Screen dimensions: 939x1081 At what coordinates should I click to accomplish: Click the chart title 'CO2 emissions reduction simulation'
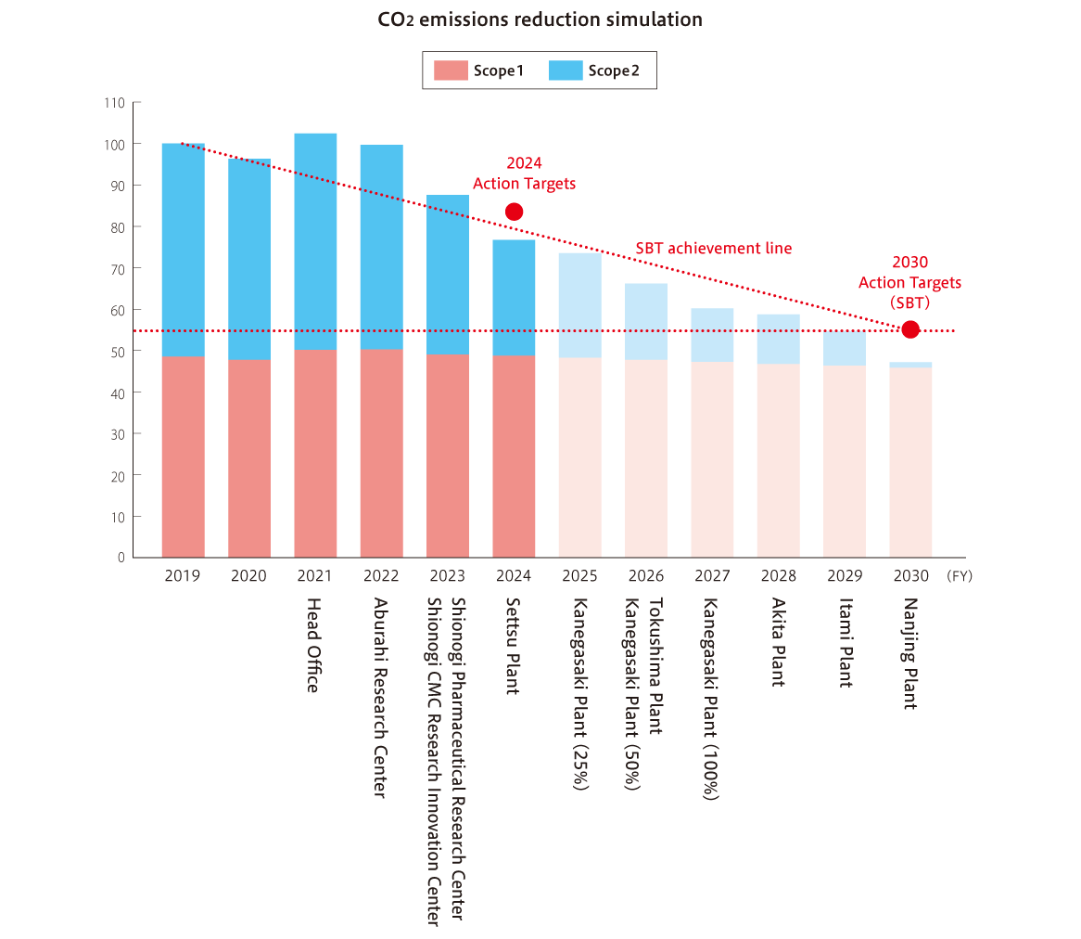click(x=540, y=19)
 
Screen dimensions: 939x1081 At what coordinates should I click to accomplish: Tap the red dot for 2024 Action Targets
click(x=514, y=212)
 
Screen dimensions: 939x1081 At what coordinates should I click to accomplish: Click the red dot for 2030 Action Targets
click(x=910, y=329)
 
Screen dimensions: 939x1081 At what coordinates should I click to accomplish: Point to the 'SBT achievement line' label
click(x=713, y=249)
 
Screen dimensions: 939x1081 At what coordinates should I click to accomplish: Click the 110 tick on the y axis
click(x=115, y=103)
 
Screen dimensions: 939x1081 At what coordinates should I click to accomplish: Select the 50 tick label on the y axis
click(x=118, y=352)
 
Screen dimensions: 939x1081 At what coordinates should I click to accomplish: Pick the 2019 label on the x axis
click(x=183, y=576)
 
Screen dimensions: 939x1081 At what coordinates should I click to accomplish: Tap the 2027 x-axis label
click(x=712, y=576)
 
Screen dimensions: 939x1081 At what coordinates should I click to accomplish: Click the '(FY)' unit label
click(x=960, y=576)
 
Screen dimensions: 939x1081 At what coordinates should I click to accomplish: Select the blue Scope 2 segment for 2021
click(x=315, y=241)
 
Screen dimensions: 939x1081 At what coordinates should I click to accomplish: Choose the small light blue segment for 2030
click(x=910, y=365)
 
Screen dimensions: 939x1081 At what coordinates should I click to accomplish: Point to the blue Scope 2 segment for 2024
click(x=514, y=298)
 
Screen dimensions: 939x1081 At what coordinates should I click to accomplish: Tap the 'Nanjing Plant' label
click(x=909, y=653)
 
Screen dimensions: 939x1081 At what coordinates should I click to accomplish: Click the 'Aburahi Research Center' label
click(x=380, y=696)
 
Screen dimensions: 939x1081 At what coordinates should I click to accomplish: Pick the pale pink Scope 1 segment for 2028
click(x=778, y=460)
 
